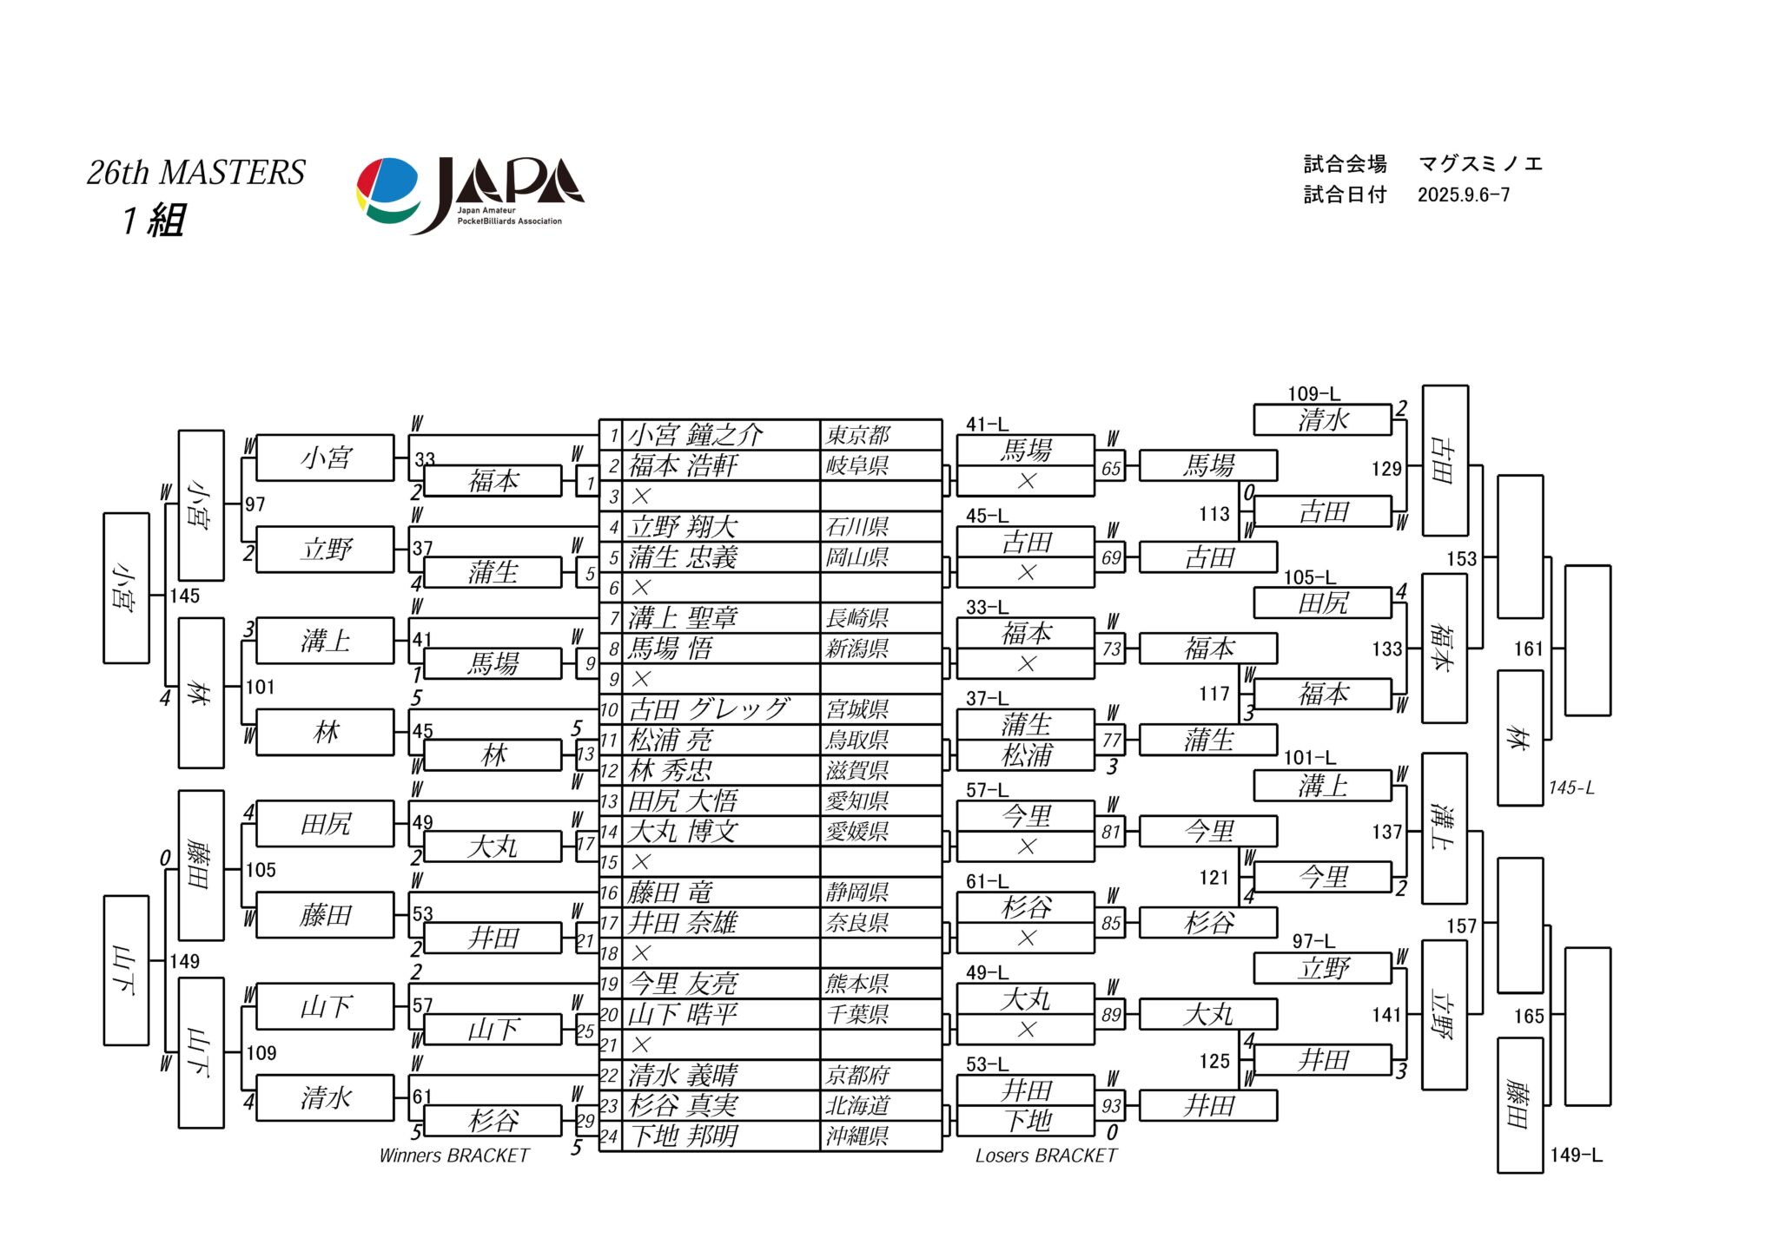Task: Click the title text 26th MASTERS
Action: coord(195,173)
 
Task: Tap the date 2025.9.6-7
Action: coord(1464,195)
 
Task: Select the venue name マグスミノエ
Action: coord(1480,164)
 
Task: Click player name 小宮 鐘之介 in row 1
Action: coord(696,434)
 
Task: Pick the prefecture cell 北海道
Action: coord(857,1106)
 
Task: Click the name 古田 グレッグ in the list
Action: coord(709,709)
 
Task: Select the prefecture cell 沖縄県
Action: coord(857,1136)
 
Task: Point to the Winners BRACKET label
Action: coord(454,1156)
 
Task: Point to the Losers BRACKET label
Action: coord(1046,1156)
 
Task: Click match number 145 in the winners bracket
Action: coord(185,596)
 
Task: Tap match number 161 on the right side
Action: coord(1528,649)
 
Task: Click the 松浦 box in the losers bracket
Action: coord(1026,755)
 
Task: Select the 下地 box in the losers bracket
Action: coord(1026,1121)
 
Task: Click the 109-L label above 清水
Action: coord(1313,394)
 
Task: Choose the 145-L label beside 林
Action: coord(1571,788)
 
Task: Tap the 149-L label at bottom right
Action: coord(1576,1156)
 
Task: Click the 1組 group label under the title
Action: coord(154,221)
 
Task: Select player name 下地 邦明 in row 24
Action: coord(684,1136)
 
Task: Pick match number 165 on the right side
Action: coord(1528,1016)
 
